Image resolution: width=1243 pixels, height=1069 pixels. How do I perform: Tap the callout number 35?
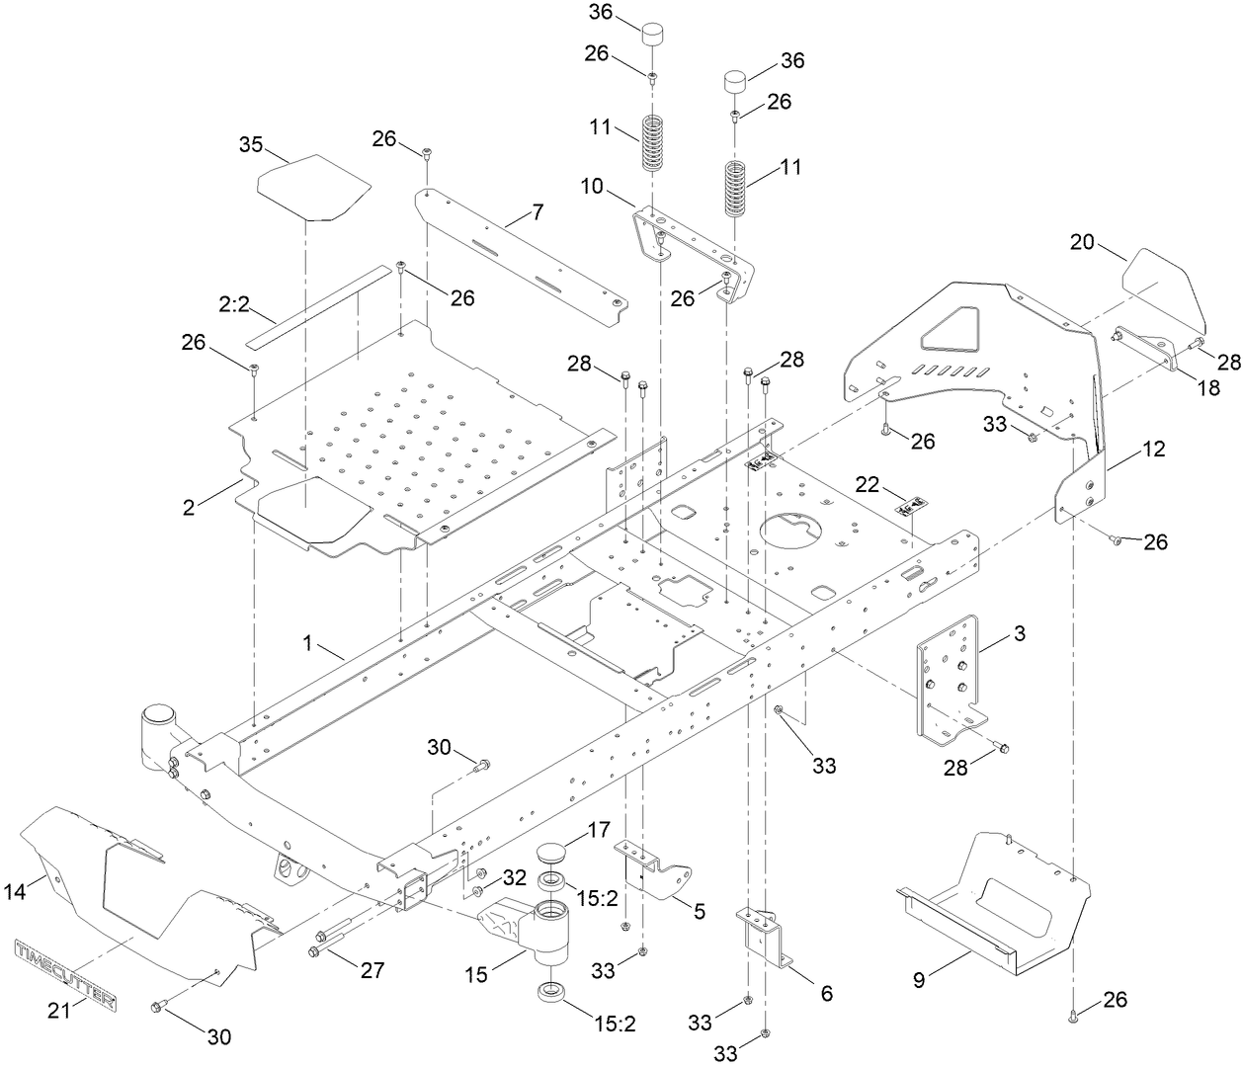point(251,144)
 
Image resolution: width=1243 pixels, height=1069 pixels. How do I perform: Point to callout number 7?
point(537,211)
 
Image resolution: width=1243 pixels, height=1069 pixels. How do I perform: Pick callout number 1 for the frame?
point(309,642)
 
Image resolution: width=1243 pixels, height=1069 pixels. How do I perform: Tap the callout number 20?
point(1083,241)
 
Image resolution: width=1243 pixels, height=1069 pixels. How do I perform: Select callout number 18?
point(1208,389)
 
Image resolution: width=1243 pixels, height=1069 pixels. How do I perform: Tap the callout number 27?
point(372,970)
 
